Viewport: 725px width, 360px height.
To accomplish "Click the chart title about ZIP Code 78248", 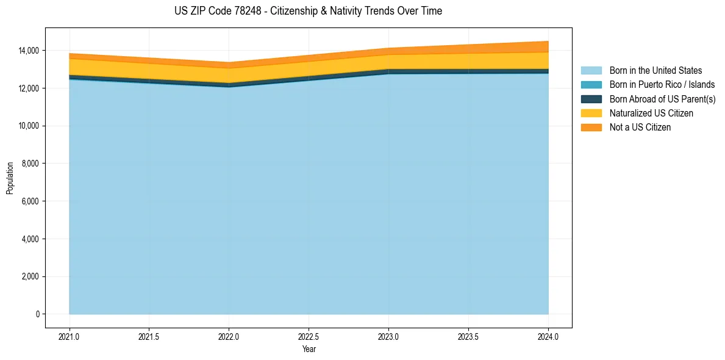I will pyautogui.click(x=308, y=11).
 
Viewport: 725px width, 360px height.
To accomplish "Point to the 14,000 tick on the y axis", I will pyautogui.click(x=28, y=50).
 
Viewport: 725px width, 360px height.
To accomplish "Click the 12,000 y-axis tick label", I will pyautogui.click(x=28, y=88).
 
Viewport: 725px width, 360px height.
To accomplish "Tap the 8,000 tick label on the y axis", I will pyautogui.click(x=30, y=164).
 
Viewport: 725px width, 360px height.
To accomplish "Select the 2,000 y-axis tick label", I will pyautogui.click(x=30, y=276).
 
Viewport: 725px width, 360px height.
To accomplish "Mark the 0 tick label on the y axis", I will pyautogui.click(x=37, y=314).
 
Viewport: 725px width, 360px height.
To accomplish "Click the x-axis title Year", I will pyautogui.click(x=309, y=349).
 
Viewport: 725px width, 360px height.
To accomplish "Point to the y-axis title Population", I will pyautogui.click(x=10, y=178).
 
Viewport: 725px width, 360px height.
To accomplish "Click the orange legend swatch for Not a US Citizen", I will pyautogui.click(x=591, y=127).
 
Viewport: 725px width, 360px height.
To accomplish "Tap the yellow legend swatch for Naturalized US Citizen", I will pyautogui.click(x=591, y=113).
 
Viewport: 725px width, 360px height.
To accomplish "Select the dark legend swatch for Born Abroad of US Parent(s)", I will pyautogui.click(x=591, y=99).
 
